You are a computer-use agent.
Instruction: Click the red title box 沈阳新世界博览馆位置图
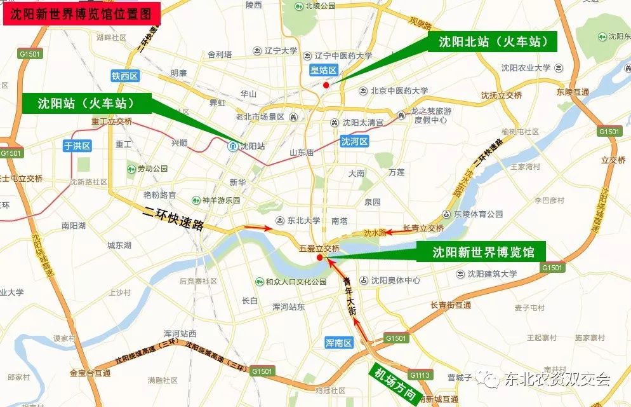(80, 12)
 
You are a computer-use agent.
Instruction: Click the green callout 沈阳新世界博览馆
(484, 252)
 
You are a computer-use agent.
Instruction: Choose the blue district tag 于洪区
(77, 146)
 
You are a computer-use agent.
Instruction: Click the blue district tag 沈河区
(354, 141)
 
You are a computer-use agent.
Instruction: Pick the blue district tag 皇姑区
(322, 71)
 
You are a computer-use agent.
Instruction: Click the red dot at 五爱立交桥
(319, 258)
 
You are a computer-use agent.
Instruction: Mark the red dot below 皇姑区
(326, 85)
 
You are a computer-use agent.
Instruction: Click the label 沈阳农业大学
(526, 68)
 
